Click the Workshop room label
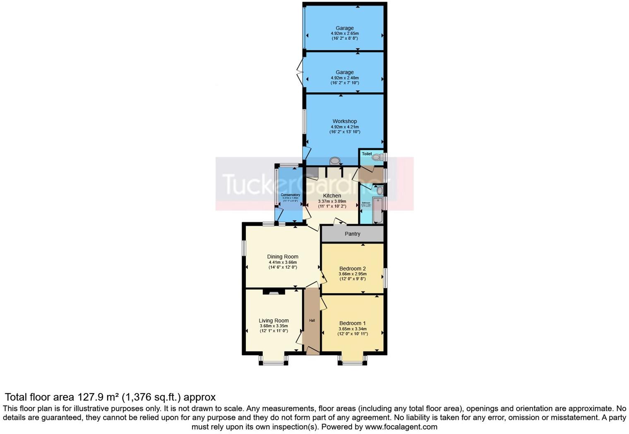pos(344,121)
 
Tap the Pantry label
pos(352,234)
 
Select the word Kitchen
pos(332,196)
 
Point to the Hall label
pos(312,321)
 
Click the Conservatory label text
pos(290,195)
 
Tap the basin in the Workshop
pos(334,161)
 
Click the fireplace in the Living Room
pos(274,292)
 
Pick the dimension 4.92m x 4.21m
pos(344,127)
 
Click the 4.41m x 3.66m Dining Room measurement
pos(283,262)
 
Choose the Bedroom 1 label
pos(352,323)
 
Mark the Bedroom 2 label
pos(352,269)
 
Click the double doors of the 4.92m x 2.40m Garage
pos(300,73)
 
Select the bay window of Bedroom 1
pos(352,363)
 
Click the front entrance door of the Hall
pos(312,350)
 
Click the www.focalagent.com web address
pos(401,427)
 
